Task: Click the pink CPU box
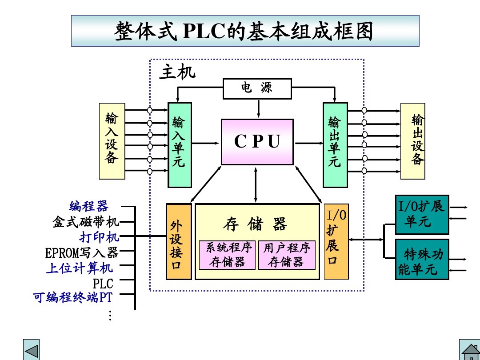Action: [257, 142]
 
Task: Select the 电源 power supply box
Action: [257, 88]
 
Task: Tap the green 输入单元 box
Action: [180, 145]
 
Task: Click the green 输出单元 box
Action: [335, 145]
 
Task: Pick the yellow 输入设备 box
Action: [112, 141]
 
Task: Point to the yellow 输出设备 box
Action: [412, 141]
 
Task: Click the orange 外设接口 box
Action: [179, 241]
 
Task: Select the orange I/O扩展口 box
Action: [336, 241]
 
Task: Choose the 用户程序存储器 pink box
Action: [287, 255]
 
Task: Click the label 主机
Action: [177, 72]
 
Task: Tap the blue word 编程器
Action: [89, 206]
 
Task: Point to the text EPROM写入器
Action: [82, 253]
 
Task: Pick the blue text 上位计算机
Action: [79, 268]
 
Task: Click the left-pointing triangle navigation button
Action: [31, 350]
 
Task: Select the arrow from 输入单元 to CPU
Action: [206, 143]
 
